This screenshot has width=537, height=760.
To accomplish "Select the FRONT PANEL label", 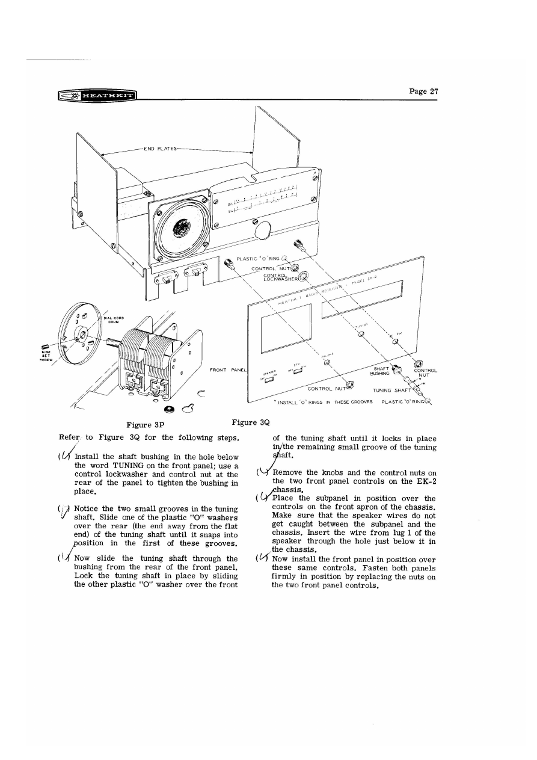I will (226, 369).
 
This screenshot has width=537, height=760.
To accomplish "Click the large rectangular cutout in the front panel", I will (286, 328).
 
